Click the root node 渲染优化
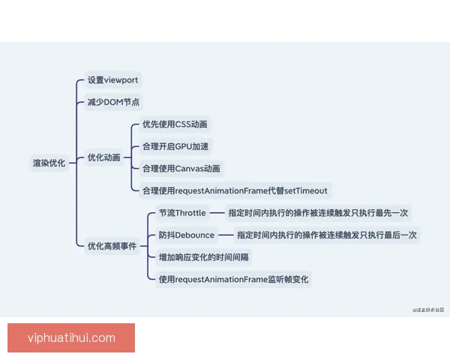click(x=49, y=162)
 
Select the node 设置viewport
click(x=112, y=80)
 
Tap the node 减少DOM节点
click(x=113, y=102)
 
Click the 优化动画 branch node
click(x=103, y=157)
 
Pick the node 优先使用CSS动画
click(x=175, y=124)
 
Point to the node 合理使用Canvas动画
click(x=181, y=169)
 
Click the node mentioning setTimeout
click(x=235, y=190)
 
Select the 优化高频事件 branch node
click(x=112, y=245)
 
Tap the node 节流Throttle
click(x=181, y=213)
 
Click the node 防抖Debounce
click(x=186, y=235)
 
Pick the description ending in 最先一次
click(x=318, y=213)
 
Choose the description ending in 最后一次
click(x=327, y=235)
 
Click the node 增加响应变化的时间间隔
click(x=203, y=256)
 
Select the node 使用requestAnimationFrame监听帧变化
click(x=233, y=279)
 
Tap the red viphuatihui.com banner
click(x=71, y=337)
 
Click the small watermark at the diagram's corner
click(x=427, y=308)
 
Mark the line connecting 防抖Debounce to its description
click(x=225, y=235)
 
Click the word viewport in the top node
click(x=121, y=80)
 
